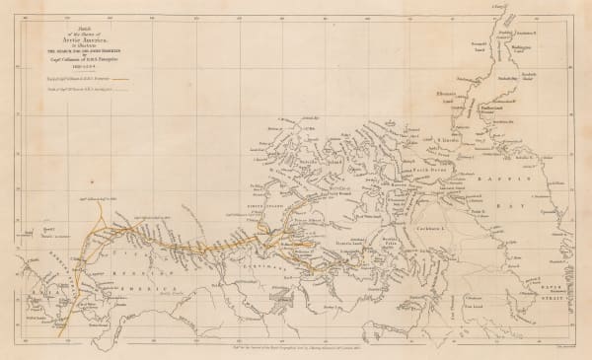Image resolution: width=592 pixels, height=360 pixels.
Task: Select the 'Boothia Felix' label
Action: click(x=391, y=235)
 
